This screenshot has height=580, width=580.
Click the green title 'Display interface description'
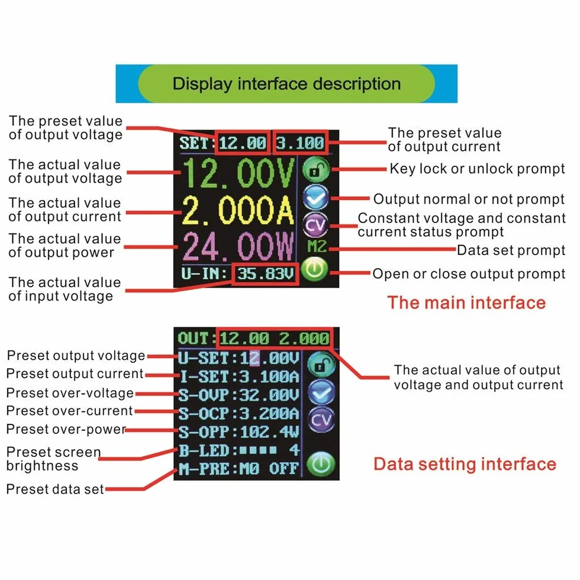pyautogui.click(x=286, y=83)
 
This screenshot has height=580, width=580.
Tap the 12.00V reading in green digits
pyautogui.click(x=239, y=173)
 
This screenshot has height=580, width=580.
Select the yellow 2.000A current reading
pyautogui.click(x=238, y=211)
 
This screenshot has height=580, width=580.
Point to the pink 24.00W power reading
pyautogui.click(x=238, y=246)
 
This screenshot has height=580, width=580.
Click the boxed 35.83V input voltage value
pyautogui.click(x=266, y=273)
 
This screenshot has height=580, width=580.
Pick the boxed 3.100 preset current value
pyautogui.click(x=300, y=143)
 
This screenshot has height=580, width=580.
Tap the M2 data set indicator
pyautogui.click(x=317, y=246)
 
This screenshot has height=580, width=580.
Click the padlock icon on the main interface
pyautogui.click(x=315, y=170)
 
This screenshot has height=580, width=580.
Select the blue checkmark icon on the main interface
pyautogui.click(x=315, y=198)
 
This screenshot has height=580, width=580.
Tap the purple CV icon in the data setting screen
pyautogui.click(x=321, y=420)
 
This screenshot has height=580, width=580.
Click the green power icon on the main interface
pyautogui.click(x=314, y=269)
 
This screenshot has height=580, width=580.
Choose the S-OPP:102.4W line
pyautogui.click(x=239, y=431)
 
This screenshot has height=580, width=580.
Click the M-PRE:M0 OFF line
pyautogui.click(x=239, y=469)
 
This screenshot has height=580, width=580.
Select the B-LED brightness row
pyautogui.click(x=239, y=450)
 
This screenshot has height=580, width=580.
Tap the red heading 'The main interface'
pyautogui.click(x=466, y=302)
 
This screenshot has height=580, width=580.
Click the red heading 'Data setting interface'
pyautogui.click(x=465, y=464)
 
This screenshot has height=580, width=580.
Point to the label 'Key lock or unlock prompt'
pyautogui.click(x=477, y=169)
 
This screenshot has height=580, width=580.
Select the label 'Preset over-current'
pyautogui.click(x=70, y=411)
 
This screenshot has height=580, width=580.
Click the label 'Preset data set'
pyautogui.click(x=55, y=489)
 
